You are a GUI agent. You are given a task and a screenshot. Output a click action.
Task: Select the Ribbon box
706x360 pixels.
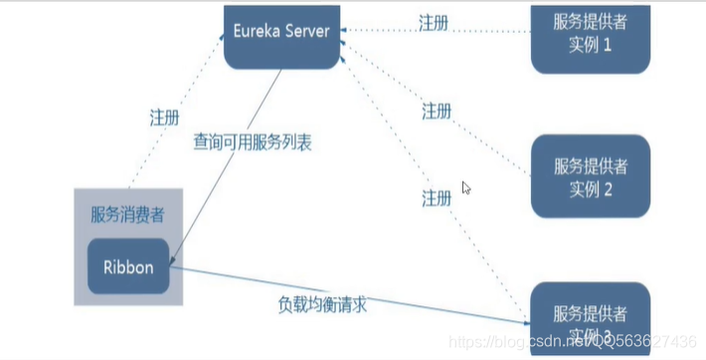127,266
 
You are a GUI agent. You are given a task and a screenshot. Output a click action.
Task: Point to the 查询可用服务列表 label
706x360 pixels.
253,143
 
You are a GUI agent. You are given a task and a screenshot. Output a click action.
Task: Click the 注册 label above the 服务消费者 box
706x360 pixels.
164,115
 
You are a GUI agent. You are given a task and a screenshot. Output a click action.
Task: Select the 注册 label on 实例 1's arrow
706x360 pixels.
435,21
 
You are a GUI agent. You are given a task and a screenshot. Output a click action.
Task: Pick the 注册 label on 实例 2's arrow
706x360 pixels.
437,109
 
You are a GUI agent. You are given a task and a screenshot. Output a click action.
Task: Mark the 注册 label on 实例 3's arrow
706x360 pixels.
437,197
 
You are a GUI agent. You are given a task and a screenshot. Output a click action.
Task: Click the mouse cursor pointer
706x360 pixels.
466,188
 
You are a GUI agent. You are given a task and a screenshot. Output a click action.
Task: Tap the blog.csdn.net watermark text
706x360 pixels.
557,340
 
